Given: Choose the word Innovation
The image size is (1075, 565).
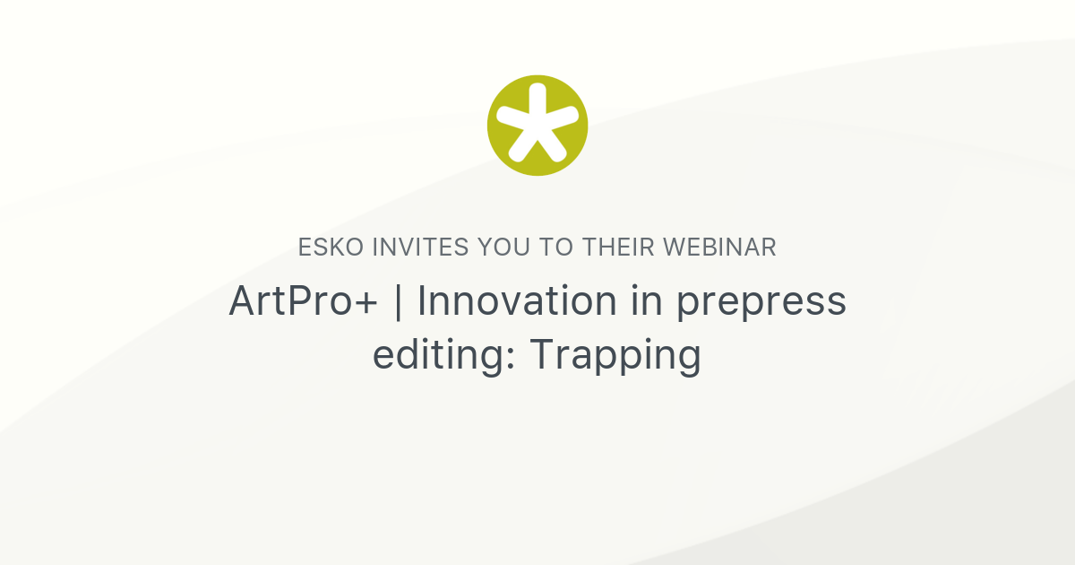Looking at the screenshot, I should click(x=518, y=301).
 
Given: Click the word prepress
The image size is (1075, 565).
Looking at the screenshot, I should click(x=761, y=303).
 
